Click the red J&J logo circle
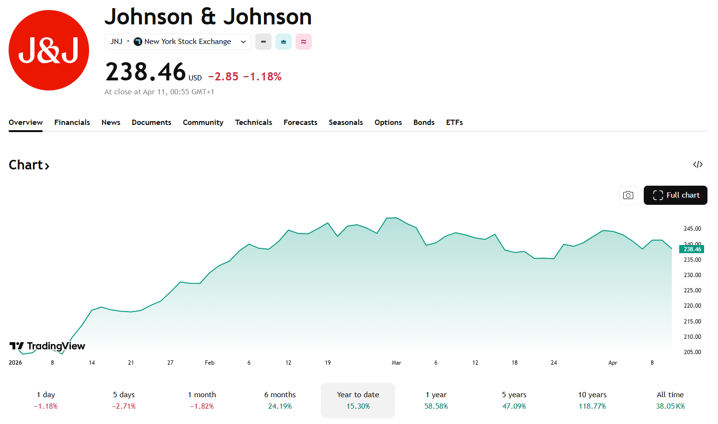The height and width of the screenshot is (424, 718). pos(49,50)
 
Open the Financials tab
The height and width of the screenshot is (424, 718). pos(72,123)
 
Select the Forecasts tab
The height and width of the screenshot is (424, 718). pos(300,123)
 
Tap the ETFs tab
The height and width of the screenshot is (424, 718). pos(454,123)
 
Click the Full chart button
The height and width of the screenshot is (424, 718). pos(675,195)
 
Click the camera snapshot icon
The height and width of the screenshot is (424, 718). pos(628,195)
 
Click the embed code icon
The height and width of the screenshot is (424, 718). pos(697,165)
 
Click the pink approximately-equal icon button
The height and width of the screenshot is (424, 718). pos(304,42)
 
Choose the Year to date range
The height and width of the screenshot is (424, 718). pos(358,400)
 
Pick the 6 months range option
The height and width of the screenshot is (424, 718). pos(280,400)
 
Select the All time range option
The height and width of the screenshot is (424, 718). pos(670,400)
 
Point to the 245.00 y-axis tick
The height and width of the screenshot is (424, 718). pos(692,229)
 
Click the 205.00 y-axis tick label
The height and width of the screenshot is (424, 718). pos(692,352)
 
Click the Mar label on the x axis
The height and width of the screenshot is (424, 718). pos(396,363)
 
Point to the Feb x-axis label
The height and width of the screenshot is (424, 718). pos(209,363)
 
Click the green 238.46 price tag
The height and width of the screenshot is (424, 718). pos(692,249)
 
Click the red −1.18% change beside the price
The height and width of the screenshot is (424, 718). pos(262,77)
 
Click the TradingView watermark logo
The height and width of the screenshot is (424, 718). pos(47,346)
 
